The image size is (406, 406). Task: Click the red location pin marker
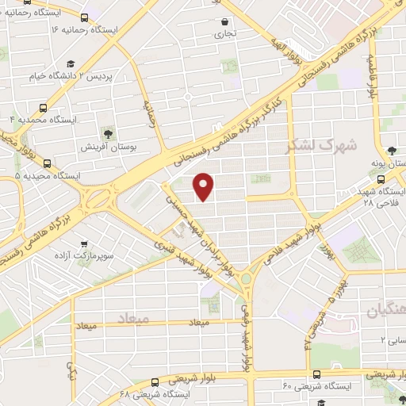tap(205, 186)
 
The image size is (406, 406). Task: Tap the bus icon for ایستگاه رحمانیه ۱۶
tap(84, 17)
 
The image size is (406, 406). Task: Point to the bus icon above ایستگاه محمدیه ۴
tap(43, 106)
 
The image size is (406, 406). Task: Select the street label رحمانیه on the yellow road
tap(149, 113)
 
